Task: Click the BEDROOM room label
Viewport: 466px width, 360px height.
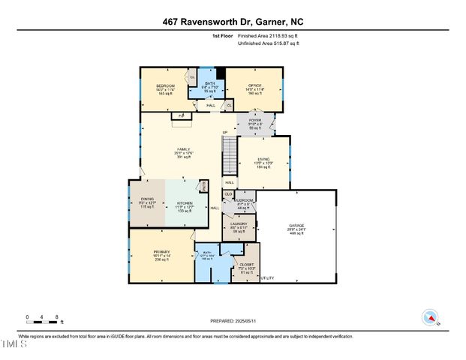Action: click(164, 85)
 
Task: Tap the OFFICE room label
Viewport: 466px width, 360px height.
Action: click(254, 85)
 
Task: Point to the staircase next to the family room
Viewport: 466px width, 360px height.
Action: click(228, 154)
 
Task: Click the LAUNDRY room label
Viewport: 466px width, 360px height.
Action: click(239, 223)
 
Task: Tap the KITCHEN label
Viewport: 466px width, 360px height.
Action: click(185, 203)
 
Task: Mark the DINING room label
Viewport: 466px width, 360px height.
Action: click(148, 199)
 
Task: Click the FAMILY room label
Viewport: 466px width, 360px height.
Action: click(183, 149)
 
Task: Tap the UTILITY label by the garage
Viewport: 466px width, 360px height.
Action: click(268, 277)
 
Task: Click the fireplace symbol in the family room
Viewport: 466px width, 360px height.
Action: click(181, 115)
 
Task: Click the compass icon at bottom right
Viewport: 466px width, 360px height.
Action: click(430, 317)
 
